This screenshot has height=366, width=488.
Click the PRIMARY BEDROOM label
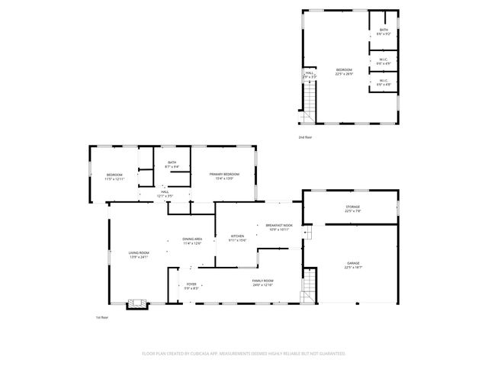[224, 175]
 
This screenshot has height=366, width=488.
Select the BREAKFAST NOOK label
[278, 226]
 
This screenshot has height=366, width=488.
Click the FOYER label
[191, 285]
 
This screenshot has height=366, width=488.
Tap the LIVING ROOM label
[138, 254]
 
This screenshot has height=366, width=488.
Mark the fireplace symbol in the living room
[137, 303]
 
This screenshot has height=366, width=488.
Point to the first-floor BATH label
[172, 163]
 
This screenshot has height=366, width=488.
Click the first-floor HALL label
[165, 194]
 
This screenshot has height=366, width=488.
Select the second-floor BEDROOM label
[344, 71]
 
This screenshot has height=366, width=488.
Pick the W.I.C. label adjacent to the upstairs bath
[383, 61]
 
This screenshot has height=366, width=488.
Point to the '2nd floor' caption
[306, 137]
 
